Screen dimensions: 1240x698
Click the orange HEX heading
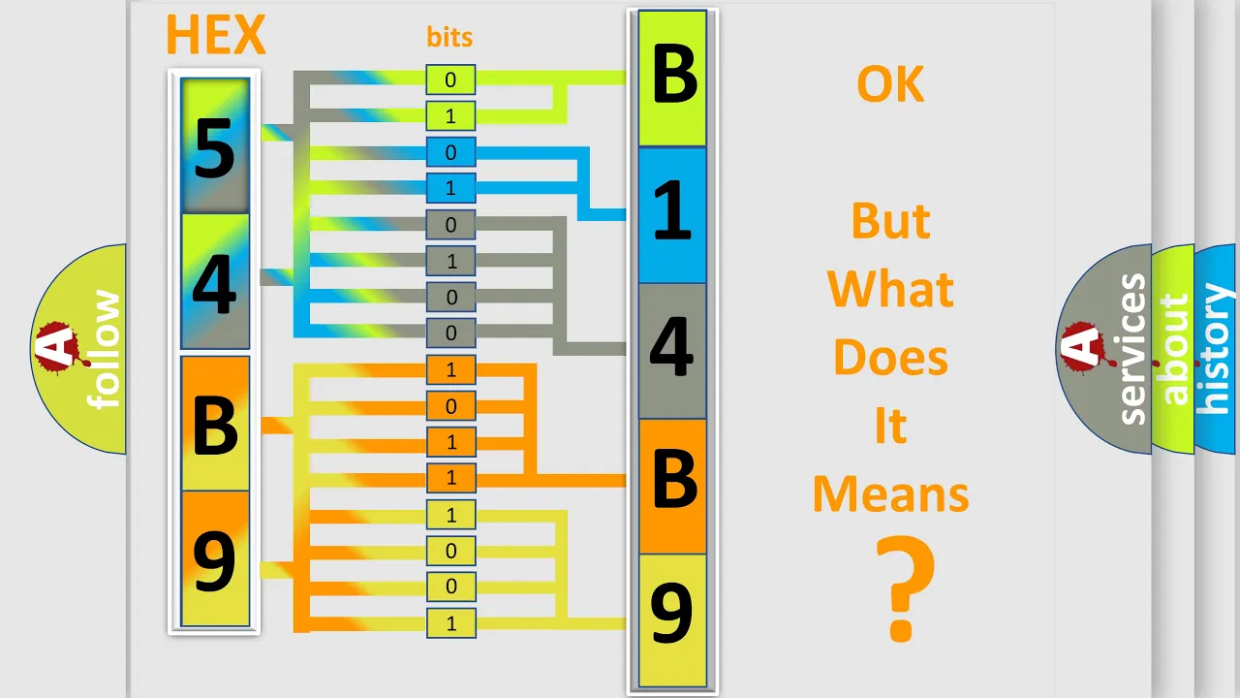click(216, 34)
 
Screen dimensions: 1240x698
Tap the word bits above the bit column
click(449, 37)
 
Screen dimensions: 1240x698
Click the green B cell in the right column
click(672, 79)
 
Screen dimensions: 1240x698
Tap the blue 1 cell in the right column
click(672, 215)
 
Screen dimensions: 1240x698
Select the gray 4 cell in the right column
click(672, 351)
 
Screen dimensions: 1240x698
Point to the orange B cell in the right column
click(672, 487)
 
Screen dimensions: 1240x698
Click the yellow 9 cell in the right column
click(672, 620)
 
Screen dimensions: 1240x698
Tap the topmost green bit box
click(450, 79)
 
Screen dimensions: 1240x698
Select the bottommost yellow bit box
click(450, 623)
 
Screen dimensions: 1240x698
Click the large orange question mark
click(905, 588)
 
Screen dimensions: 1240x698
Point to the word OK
click(890, 84)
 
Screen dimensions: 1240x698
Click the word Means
click(890, 494)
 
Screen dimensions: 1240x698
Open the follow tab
click(78, 349)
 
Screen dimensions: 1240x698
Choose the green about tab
click(1173, 349)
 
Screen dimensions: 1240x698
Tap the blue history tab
click(1217, 349)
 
